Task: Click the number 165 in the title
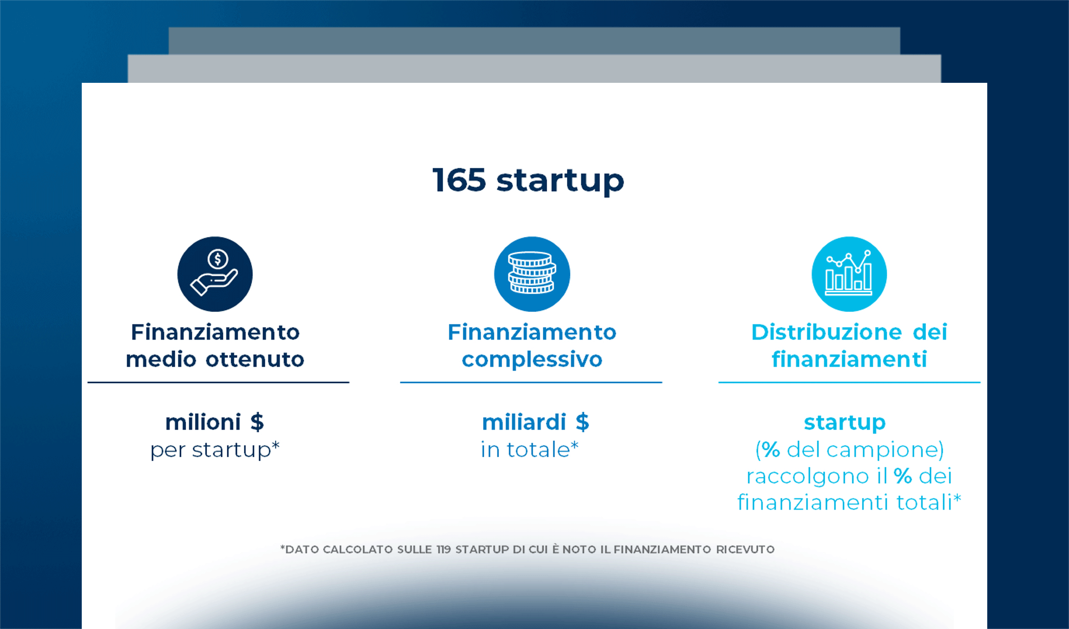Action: coord(459,180)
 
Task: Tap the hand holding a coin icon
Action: coord(215,274)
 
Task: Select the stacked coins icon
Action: coord(532,274)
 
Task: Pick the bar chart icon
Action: coord(849,274)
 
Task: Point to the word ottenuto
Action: coord(255,360)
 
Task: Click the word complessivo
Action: coord(532,360)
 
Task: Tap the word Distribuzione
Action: coord(826,332)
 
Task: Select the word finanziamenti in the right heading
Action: coord(849,360)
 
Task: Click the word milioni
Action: coord(203,422)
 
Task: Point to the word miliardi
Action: coord(523,422)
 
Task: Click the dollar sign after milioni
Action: coord(257,422)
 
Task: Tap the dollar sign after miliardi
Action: coord(582,422)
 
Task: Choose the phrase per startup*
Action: coord(215,450)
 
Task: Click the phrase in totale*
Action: coord(529,450)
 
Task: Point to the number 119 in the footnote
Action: coord(443,549)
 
